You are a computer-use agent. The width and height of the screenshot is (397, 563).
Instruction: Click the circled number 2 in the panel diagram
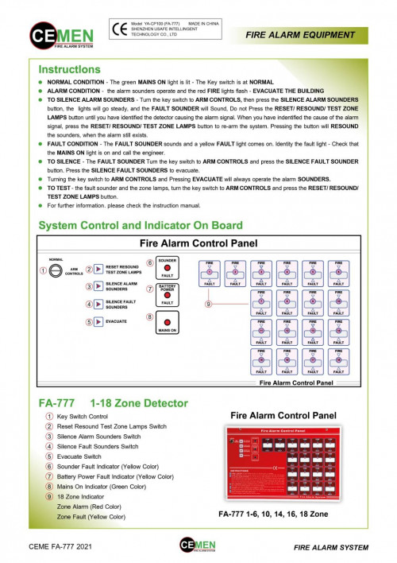point(90,270)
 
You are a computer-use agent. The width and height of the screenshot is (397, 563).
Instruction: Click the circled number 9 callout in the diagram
point(208,303)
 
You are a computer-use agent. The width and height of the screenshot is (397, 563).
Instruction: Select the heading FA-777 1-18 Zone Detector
point(113,402)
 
